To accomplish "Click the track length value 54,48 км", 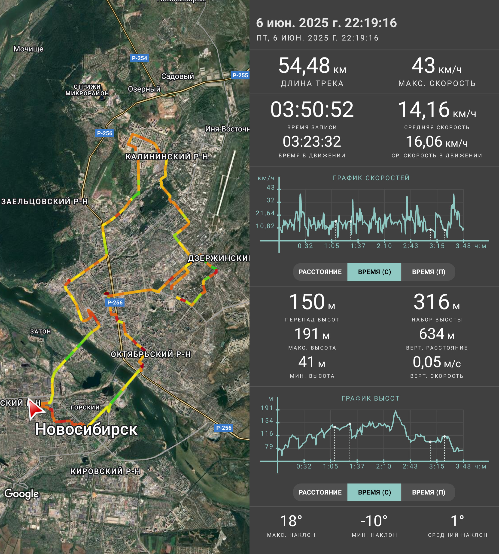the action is [x=312, y=66].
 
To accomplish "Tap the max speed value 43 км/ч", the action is [x=436, y=66].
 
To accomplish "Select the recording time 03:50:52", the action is [x=312, y=110].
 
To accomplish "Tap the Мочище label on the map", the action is [x=28, y=49].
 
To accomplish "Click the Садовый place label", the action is [x=177, y=76].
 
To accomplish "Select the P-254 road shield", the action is [x=139, y=58].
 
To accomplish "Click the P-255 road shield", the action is [x=240, y=75].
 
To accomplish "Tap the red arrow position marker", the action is [x=36, y=409].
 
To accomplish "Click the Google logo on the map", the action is [x=22, y=494].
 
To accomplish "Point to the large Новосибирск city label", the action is [x=86, y=429].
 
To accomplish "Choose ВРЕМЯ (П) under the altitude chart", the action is [x=429, y=492].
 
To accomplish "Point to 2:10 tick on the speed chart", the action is [x=384, y=246].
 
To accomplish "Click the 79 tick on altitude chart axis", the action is [x=269, y=446].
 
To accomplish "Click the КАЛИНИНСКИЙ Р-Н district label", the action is [x=167, y=157].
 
